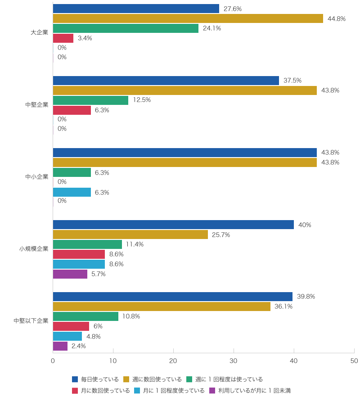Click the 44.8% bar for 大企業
[x=188, y=18]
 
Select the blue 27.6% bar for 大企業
[x=136, y=9]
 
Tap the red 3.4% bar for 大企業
[x=63, y=38]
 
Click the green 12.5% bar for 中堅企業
[x=90, y=100]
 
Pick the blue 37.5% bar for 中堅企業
[x=166, y=81]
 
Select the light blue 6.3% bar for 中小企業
[x=72, y=192]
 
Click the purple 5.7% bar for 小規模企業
[x=70, y=274]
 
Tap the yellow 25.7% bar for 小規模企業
[x=130, y=235]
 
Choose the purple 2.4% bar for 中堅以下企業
[x=60, y=346]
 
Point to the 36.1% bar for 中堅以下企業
[x=162, y=307]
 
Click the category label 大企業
[x=39, y=32]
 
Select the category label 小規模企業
[x=33, y=248]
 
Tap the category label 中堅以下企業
[x=31, y=321]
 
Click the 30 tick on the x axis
[x=234, y=361]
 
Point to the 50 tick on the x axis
[x=354, y=361]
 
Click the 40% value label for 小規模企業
[x=305, y=225]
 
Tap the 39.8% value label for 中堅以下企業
[x=306, y=297]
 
